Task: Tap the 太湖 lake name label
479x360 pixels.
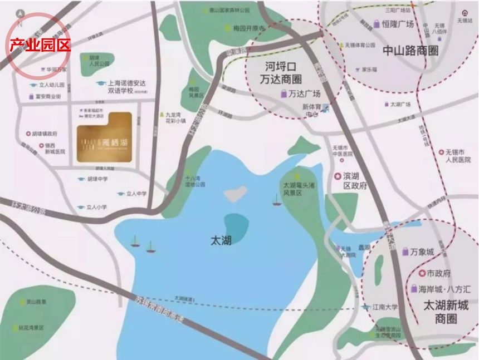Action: pyautogui.click(x=221, y=240)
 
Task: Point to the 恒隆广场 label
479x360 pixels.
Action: pyautogui.click(x=398, y=24)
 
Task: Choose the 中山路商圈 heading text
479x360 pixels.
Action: pyautogui.click(x=410, y=51)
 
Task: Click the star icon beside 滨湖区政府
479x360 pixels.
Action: pyautogui.click(x=337, y=176)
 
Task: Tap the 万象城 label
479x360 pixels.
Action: pyautogui.click(x=422, y=252)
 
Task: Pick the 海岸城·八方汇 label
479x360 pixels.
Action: pyautogui.click(x=444, y=289)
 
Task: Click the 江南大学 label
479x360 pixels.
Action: pyautogui.click(x=385, y=307)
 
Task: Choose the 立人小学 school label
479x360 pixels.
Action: pyautogui.click(x=96, y=207)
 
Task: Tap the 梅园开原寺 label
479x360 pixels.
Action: pyautogui.click(x=248, y=28)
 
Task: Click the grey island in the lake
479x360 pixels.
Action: pyautogui.click(x=236, y=193)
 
